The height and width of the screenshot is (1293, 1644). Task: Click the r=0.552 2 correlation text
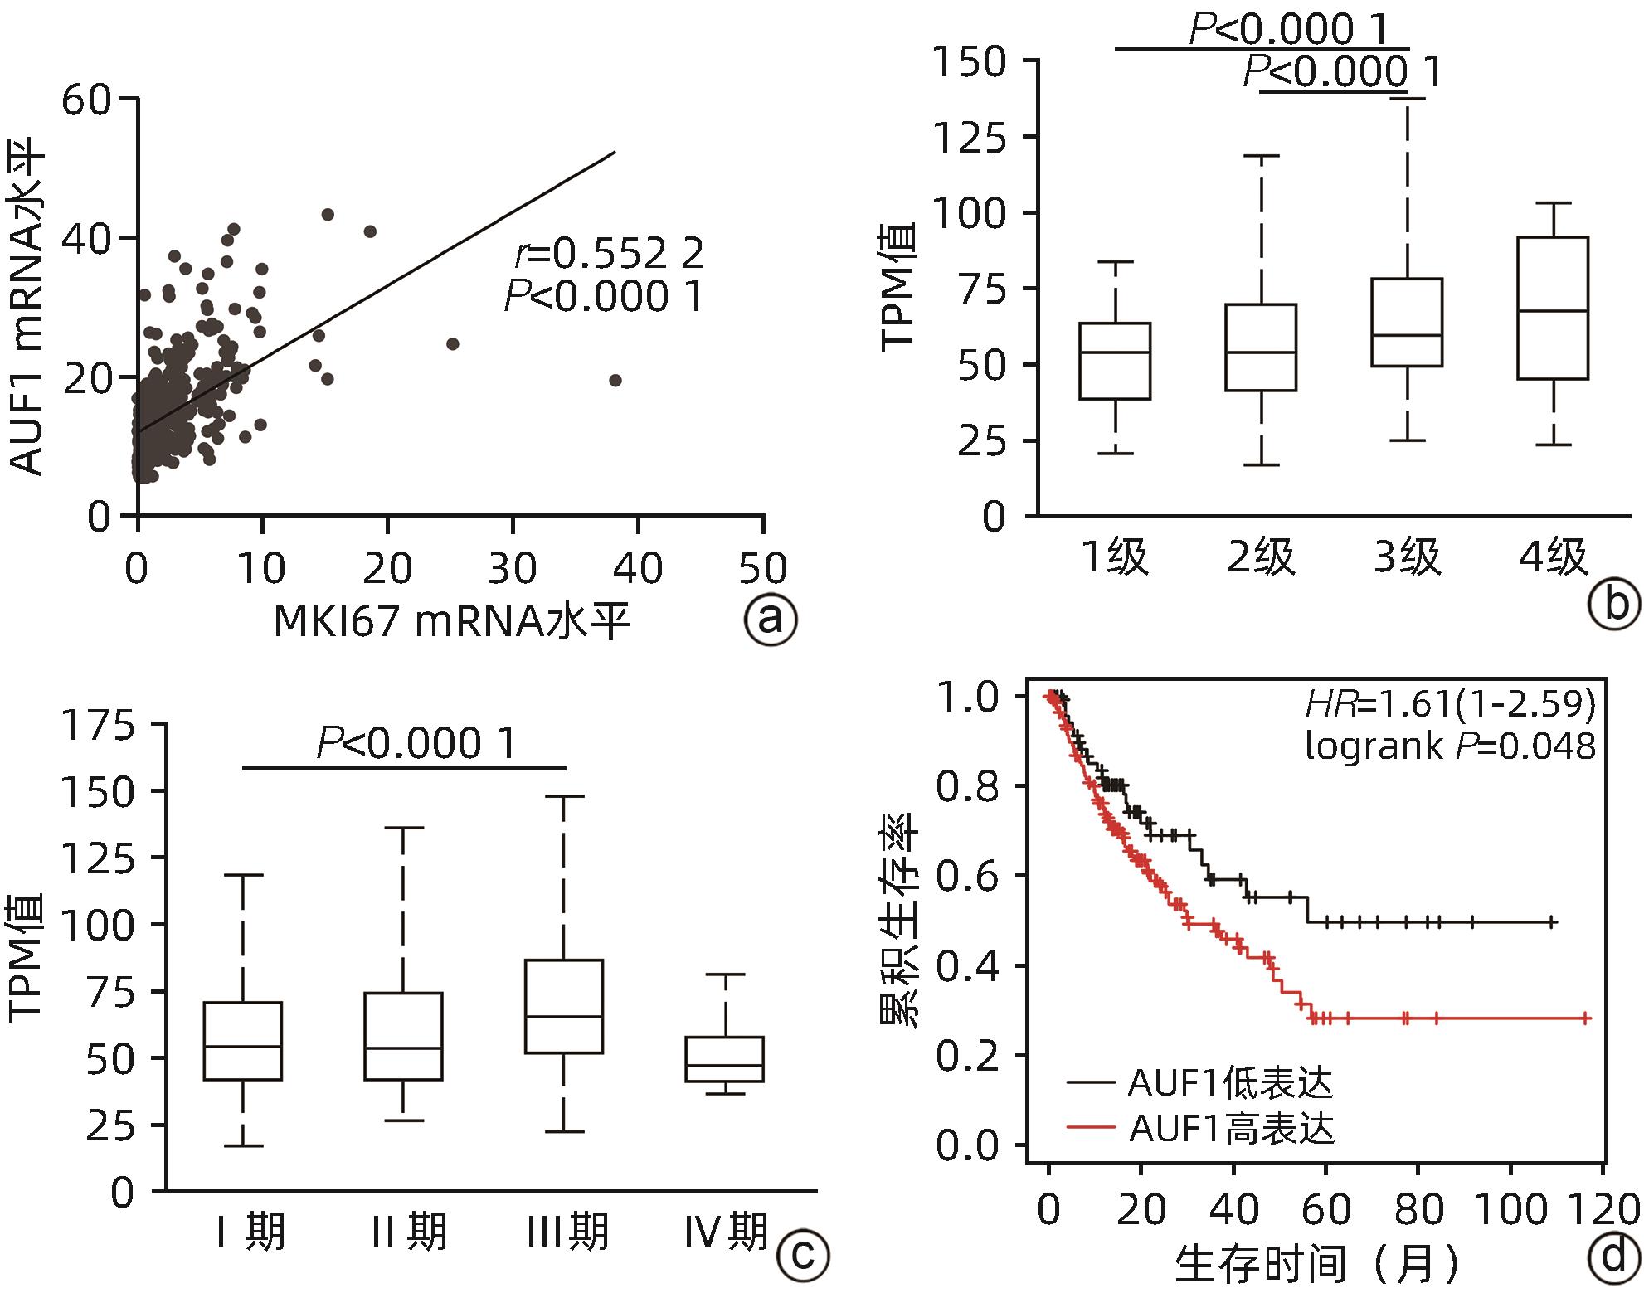[x=609, y=254]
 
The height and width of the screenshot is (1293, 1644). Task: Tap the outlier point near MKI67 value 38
[x=615, y=380]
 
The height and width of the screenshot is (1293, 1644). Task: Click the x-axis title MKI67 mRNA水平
[x=451, y=621]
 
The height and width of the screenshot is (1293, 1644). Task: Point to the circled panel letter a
[x=771, y=620]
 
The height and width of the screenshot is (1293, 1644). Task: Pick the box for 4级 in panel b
[x=1553, y=308]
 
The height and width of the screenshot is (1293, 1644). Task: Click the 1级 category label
[x=1116, y=557]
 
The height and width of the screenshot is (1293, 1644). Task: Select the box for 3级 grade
[x=1407, y=323]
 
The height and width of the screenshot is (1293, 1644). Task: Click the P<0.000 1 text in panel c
[x=416, y=743]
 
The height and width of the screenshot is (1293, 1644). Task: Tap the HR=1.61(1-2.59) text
[x=1450, y=704]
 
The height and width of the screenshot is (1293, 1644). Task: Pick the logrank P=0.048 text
[x=1450, y=746]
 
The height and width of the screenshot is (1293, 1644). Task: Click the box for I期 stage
[x=243, y=1041]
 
